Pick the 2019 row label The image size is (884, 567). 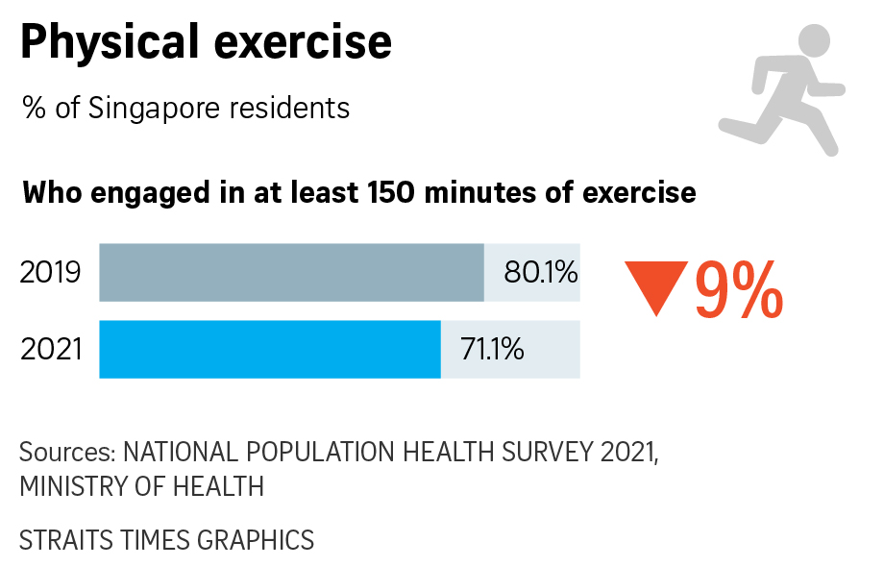click(50, 274)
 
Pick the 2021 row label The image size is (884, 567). click(51, 349)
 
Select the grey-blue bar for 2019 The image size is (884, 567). click(291, 273)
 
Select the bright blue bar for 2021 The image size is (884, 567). click(270, 349)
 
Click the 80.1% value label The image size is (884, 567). click(541, 274)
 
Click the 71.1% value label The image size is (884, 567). click(492, 349)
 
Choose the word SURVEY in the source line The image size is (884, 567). click(539, 453)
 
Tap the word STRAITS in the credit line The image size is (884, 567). click(59, 540)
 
